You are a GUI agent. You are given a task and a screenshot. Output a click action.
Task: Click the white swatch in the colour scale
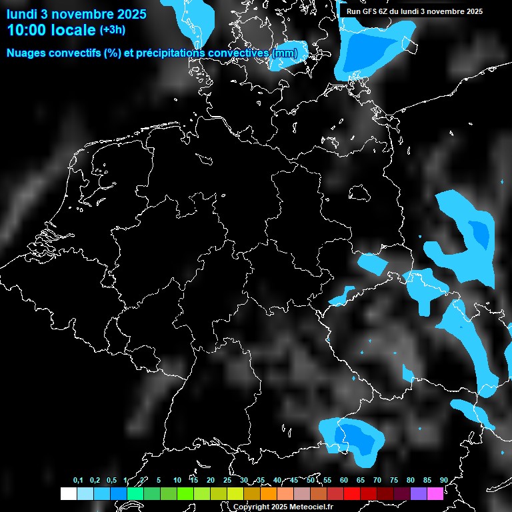[x=68, y=493]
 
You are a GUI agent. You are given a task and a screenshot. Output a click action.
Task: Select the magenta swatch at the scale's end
[x=435, y=493]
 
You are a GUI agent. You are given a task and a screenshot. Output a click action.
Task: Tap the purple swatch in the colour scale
[x=419, y=493]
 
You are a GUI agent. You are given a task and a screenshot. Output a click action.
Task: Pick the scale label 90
[x=443, y=480]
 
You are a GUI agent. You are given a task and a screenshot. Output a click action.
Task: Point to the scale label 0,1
[x=78, y=480]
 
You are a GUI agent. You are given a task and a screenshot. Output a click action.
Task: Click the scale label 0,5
[x=111, y=480]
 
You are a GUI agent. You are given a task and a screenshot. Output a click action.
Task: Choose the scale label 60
[x=343, y=480]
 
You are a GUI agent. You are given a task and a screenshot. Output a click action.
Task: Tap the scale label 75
[x=393, y=480]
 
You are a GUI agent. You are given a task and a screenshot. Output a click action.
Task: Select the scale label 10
[x=177, y=480]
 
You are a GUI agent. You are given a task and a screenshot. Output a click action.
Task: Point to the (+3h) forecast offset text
[x=112, y=29]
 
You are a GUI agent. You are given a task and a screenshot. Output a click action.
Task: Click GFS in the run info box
[x=369, y=11]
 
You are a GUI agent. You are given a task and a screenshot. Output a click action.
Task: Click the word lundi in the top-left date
[x=21, y=13]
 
